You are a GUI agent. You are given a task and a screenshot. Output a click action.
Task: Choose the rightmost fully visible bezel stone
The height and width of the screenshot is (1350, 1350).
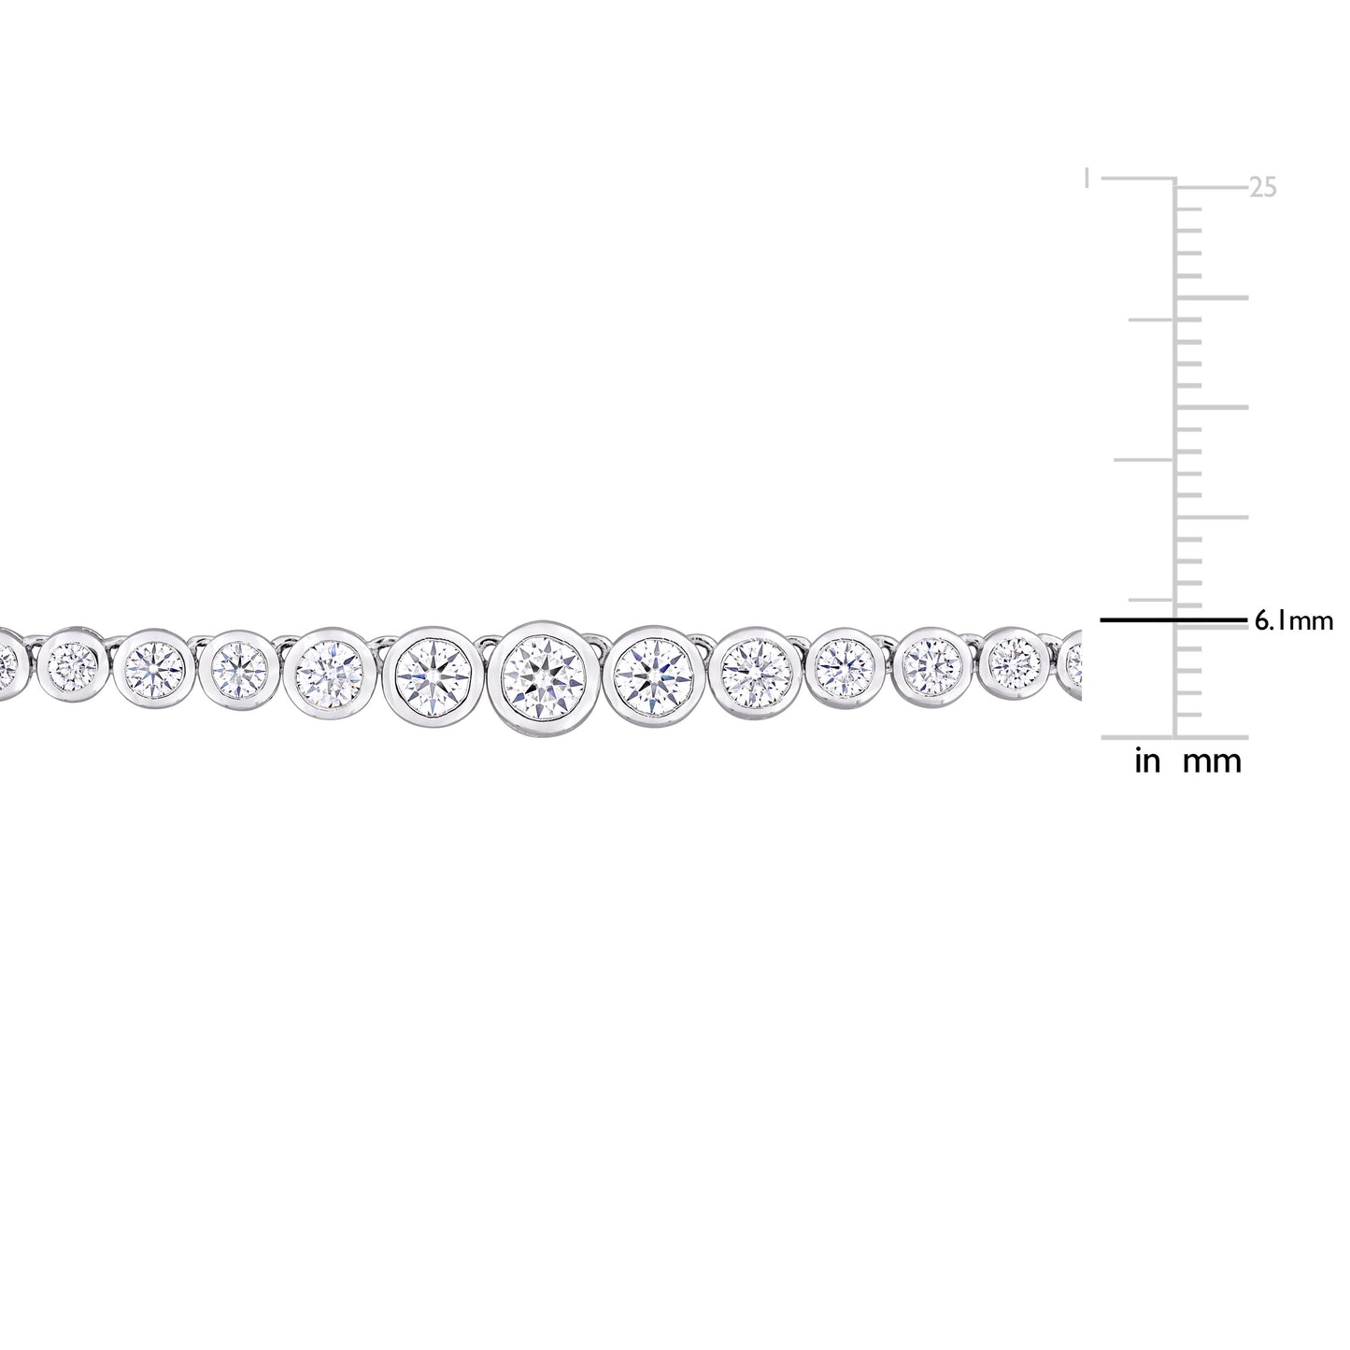coord(1016,662)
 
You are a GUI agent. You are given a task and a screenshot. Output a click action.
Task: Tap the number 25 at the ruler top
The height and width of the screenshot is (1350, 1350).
coord(1262,188)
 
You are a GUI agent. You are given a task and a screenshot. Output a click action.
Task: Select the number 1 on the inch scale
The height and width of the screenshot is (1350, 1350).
coord(1086,178)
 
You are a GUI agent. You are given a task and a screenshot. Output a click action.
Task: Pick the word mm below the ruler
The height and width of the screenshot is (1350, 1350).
coord(1213,761)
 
